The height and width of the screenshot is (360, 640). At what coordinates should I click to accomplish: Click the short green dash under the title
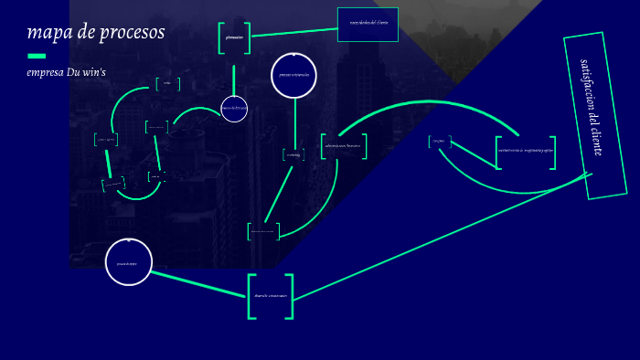37,56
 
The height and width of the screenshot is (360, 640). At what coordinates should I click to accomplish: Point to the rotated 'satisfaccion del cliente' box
595,115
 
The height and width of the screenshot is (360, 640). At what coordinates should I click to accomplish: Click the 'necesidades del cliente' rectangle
368,24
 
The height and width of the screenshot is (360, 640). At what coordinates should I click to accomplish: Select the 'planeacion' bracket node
234,37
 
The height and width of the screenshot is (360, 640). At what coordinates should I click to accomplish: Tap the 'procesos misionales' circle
293,75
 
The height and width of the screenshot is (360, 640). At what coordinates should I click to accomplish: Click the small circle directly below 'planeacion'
234,108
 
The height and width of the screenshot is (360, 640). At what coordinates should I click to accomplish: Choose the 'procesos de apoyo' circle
128,262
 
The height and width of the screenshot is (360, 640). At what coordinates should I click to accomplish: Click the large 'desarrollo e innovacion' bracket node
271,296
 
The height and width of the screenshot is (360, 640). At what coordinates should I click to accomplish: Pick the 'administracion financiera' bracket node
343,146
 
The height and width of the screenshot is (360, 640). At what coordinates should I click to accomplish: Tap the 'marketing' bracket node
293,155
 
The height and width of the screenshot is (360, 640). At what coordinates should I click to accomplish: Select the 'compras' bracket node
439,142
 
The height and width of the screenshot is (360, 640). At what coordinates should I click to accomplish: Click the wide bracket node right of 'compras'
526,152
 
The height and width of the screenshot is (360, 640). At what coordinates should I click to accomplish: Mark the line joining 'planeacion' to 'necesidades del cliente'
294,33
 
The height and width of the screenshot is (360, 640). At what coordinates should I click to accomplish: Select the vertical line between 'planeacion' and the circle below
234,79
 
